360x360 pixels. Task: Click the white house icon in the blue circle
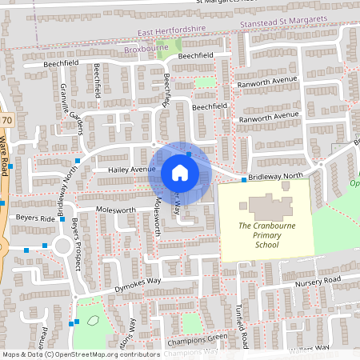180,172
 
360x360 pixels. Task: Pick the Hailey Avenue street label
126,170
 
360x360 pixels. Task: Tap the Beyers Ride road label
34,218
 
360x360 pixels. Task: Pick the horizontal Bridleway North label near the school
277,175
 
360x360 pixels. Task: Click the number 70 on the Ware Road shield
6,120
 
